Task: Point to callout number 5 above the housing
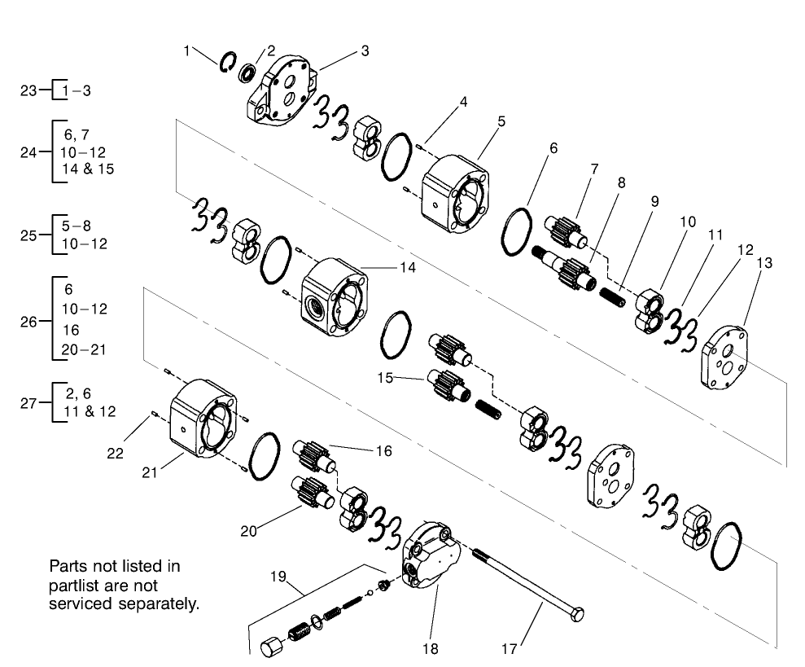tap(501, 121)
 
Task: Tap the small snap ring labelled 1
tap(228, 62)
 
